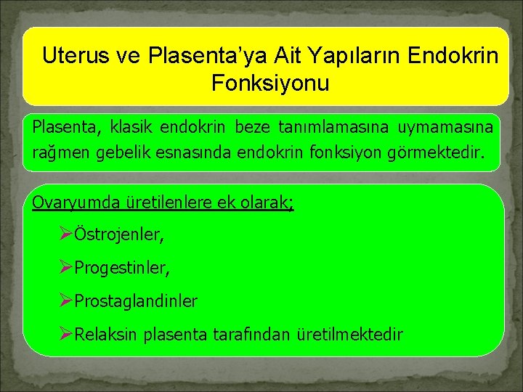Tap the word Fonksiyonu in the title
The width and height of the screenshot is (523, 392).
click(270, 83)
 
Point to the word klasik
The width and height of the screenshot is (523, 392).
click(132, 128)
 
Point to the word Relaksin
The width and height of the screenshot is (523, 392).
click(107, 335)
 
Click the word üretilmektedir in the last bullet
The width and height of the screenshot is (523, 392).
click(350, 335)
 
